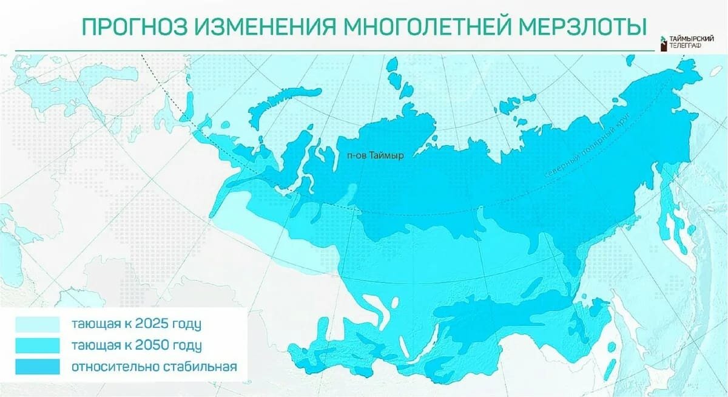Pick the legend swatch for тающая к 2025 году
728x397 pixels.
point(38,324)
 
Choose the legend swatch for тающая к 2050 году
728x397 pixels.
point(38,345)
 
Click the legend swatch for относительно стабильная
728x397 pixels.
point(38,367)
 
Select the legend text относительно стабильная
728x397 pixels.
point(153,367)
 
